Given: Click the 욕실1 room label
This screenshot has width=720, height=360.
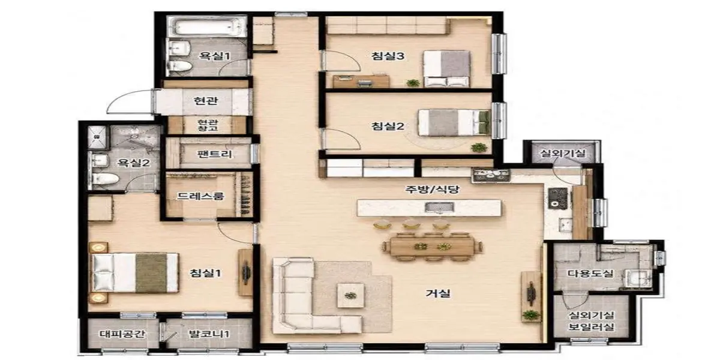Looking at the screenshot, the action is click(x=215, y=56).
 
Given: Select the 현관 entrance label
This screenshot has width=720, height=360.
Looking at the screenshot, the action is click(x=206, y=101).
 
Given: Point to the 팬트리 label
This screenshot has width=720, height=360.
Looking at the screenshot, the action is click(x=214, y=154).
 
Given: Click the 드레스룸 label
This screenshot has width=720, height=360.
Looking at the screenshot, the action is click(x=200, y=196).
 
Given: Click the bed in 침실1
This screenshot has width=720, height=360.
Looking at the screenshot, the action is click(x=136, y=273).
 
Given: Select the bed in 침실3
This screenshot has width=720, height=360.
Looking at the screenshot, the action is click(x=447, y=68).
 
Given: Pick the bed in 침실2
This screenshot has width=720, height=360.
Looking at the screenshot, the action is click(x=454, y=122).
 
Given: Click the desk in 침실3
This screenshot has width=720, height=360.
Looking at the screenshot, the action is click(x=361, y=82).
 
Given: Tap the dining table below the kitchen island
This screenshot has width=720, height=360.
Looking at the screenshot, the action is click(x=432, y=247).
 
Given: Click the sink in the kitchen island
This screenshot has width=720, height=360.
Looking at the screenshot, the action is click(x=439, y=208).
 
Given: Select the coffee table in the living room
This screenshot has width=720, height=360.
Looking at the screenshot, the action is click(x=350, y=295).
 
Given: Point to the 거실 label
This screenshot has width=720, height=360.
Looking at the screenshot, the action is click(x=438, y=293).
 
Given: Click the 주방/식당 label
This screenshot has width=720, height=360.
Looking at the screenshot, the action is click(x=432, y=189).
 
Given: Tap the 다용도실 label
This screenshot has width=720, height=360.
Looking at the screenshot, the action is click(x=590, y=274).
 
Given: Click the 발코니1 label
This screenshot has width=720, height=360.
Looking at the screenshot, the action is click(x=209, y=334).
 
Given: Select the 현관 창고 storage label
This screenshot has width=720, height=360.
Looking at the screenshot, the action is click(x=208, y=125).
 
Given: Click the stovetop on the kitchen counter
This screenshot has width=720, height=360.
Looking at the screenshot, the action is click(x=491, y=175).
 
